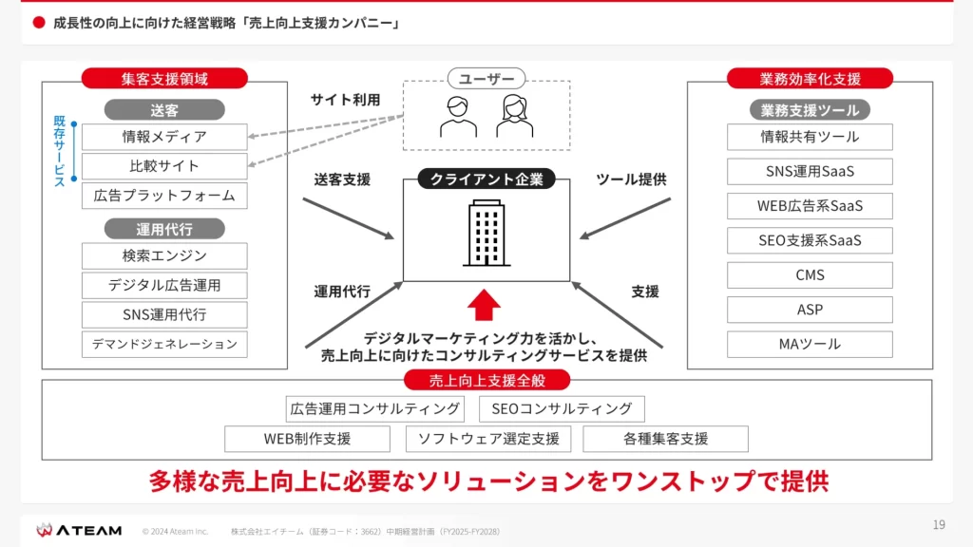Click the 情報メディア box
[164, 137]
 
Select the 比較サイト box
[164, 166]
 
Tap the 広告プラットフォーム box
[164, 196]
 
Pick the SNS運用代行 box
[164, 315]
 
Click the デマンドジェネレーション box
[164, 344]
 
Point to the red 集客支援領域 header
[164, 79]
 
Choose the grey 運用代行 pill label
[164, 229]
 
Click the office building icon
[486, 234]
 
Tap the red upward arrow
[484, 305]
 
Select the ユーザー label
[486, 79]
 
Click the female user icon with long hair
[514, 116]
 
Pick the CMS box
[810, 275]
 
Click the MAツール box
[810, 344]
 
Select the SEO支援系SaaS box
[810, 240]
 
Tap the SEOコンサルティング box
[562, 408]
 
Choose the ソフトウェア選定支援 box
[488, 439]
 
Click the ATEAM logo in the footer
[79, 530]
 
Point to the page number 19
[939, 525]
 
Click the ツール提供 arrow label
[631, 179]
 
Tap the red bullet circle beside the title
[39, 23]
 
